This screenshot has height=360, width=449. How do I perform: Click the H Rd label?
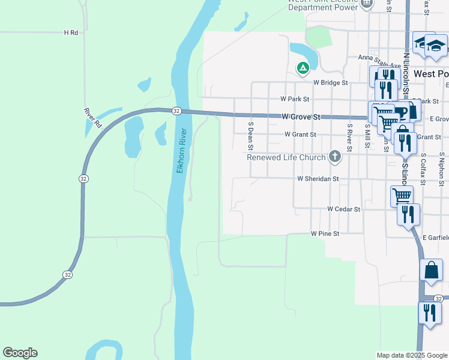[x=71, y=32]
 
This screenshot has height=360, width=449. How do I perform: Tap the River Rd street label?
[x=92, y=118]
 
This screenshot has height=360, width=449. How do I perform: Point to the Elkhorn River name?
[x=182, y=151]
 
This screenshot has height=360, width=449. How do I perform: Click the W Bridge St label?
[x=330, y=82]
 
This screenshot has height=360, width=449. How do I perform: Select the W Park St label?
[x=294, y=98]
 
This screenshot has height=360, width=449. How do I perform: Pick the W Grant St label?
[x=300, y=134]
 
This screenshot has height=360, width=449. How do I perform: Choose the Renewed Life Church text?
[x=286, y=157]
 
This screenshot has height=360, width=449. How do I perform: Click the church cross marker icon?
[x=335, y=157]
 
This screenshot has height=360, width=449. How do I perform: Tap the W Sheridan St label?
[x=318, y=179]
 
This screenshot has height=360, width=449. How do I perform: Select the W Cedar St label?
[x=343, y=209]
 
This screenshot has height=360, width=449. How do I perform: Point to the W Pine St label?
[x=325, y=233]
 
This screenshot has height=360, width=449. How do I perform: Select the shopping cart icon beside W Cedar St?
[x=402, y=195]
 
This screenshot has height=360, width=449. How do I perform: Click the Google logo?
[x=20, y=353]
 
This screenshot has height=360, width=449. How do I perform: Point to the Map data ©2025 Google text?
[x=411, y=355]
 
